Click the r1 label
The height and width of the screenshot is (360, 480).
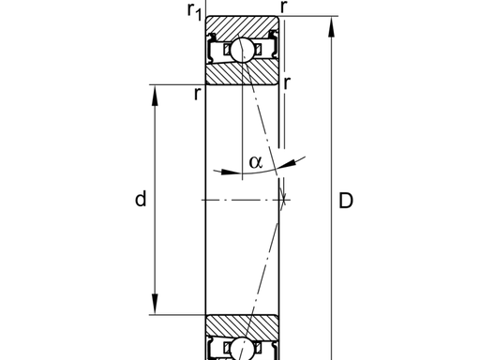[x=195, y=12]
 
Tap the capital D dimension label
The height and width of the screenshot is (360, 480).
[x=346, y=201]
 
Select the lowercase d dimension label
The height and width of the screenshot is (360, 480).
[x=141, y=199]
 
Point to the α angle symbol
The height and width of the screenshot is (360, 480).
[x=256, y=162]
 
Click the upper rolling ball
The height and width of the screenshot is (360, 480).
[x=243, y=50]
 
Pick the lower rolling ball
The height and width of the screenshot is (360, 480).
[x=243, y=350]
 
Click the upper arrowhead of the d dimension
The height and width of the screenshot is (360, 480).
[x=155, y=96]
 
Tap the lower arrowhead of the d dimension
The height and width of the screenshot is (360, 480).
[x=155, y=304]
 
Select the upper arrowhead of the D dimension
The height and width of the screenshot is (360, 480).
[x=331, y=26]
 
